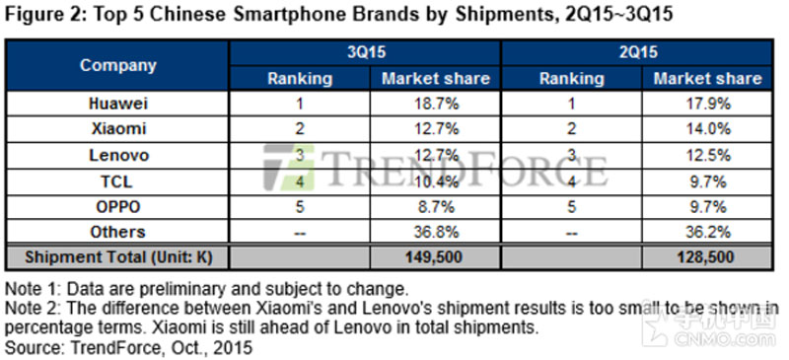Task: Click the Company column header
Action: point(118,65)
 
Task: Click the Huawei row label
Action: point(118,104)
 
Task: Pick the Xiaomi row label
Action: point(118,129)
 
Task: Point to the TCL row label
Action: point(118,180)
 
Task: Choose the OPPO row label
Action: point(118,206)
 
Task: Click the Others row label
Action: point(118,232)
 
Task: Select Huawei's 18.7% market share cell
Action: point(436,104)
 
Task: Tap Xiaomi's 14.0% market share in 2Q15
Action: point(708,129)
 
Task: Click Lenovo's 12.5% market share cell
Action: point(708,155)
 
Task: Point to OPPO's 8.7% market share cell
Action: point(436,206)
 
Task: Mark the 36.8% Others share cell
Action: point(436,232)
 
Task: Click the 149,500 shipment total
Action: point(434,257)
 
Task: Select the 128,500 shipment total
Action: point(705,257)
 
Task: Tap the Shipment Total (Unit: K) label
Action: point(118,257)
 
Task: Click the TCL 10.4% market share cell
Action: point(436,180)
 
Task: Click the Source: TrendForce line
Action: point(128,347)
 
